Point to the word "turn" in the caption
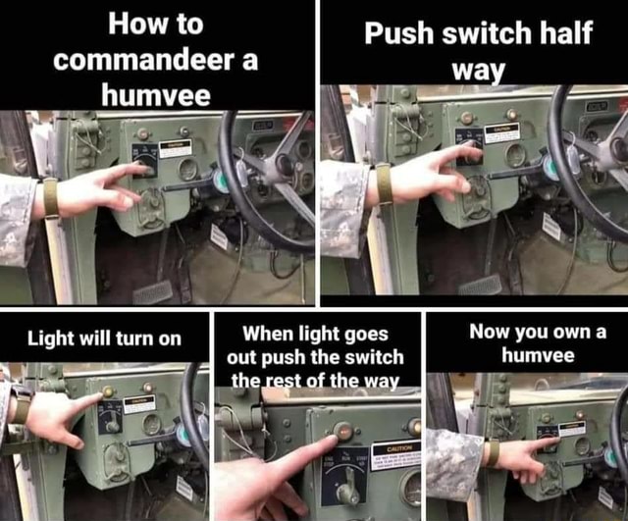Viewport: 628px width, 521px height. click(x=130, y=339)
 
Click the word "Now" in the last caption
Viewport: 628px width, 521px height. click(x=491, y=331)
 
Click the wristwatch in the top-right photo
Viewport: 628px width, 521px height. click(x=385, y=183)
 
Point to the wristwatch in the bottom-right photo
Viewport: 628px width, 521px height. click(x=493, y=453)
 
